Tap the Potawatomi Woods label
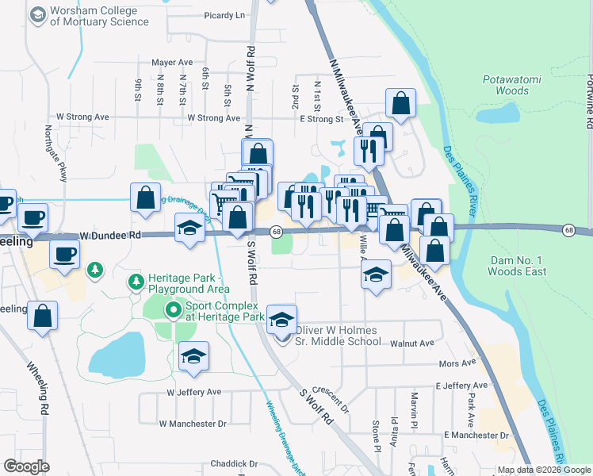point(506,85)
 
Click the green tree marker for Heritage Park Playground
point(135,282)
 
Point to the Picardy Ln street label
point(224,15)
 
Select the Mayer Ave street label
point(172,62)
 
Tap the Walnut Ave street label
point(412,344)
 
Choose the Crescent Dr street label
point(331,399)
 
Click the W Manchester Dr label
point(193,424)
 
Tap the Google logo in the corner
point(26,466)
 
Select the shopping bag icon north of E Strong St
point(400,103)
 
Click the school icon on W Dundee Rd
point(189,228)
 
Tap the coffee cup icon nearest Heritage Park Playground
point(64,254)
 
